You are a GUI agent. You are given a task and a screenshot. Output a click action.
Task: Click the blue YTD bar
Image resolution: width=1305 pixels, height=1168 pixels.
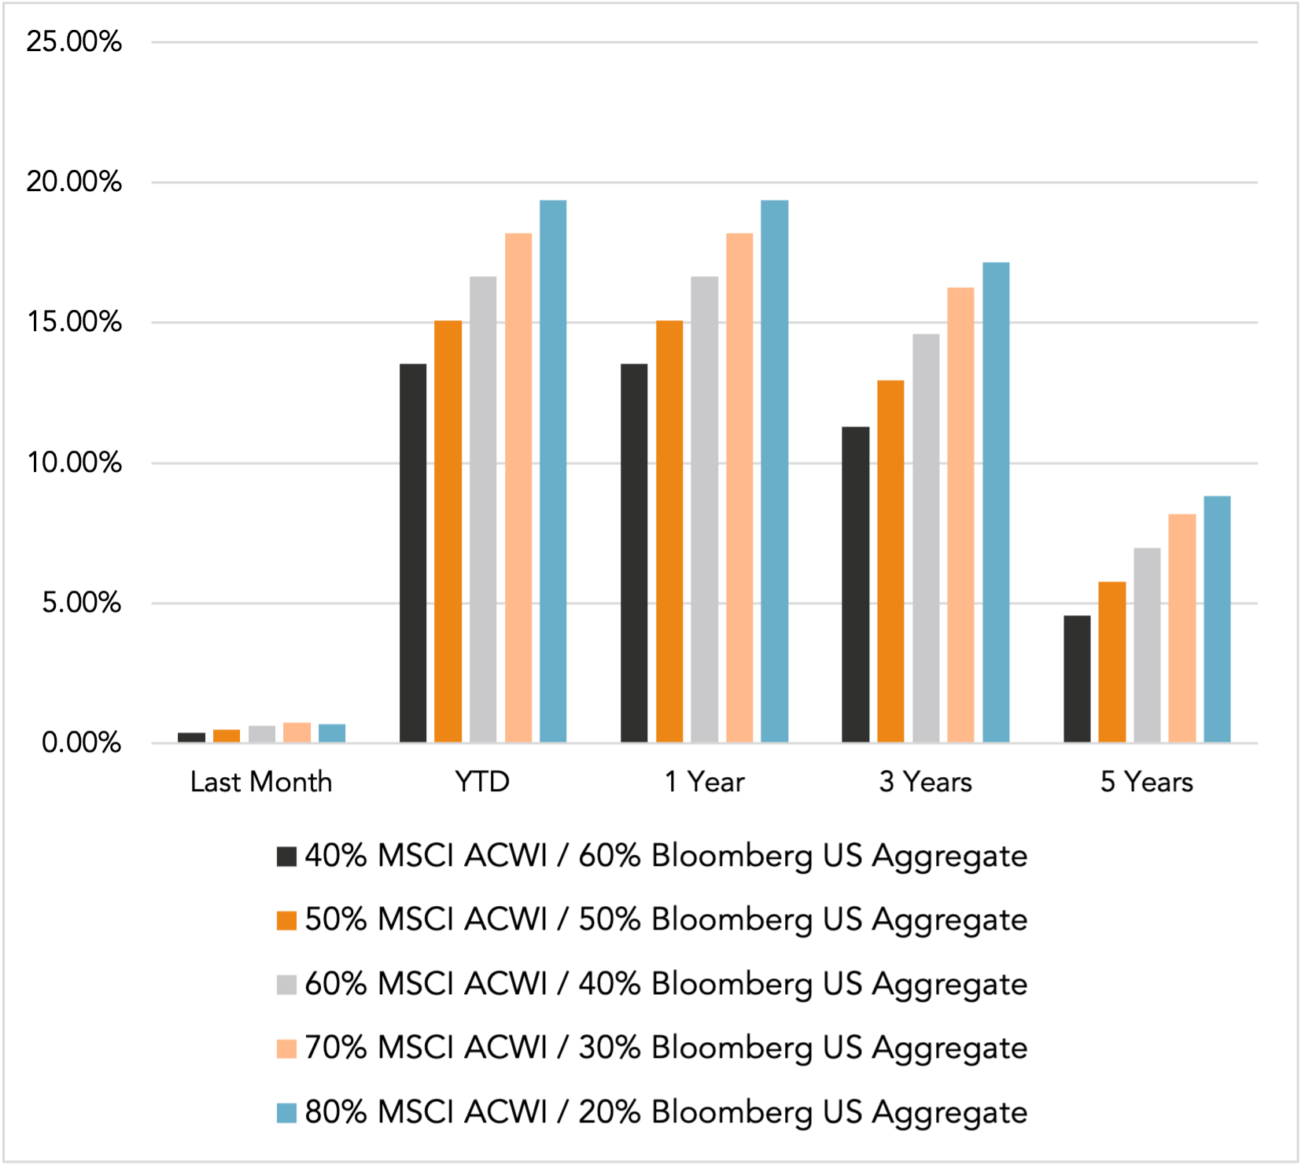[x=553, y=472]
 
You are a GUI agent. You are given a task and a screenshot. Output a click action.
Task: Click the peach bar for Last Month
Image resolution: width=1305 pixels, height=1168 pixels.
[x=297, y=732]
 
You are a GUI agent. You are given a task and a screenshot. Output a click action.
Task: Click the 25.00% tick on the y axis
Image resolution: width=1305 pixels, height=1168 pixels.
[x=74, y=42]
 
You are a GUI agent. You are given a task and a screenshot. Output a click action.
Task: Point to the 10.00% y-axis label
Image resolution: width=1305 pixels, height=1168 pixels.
[x=74, y=462]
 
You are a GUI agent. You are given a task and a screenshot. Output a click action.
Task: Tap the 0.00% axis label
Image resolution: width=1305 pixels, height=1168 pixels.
[x=81, y=742]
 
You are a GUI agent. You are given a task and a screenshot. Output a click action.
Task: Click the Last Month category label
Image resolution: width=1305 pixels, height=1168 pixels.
[x=261, y=782]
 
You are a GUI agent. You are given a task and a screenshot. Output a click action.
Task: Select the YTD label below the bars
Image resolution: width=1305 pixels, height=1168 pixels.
[x=482, y=782]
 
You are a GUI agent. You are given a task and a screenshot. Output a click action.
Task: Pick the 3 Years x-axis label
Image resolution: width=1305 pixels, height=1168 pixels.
[x=925, y=782]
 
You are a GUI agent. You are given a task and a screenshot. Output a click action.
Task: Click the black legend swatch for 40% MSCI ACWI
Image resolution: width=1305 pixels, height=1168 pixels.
[x=286, y=857]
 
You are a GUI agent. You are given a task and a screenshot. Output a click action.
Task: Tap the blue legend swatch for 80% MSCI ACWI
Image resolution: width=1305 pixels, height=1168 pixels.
[x=286, y=1113]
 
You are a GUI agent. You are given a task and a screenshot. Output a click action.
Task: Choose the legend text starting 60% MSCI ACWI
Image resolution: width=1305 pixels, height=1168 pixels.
[x=665, y=984]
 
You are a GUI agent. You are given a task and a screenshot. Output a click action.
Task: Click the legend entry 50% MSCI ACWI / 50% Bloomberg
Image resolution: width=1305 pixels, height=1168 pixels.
[x=665, y=919]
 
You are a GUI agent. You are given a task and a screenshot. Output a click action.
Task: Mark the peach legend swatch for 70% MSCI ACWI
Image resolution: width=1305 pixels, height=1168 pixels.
[x=286, y=1048]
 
